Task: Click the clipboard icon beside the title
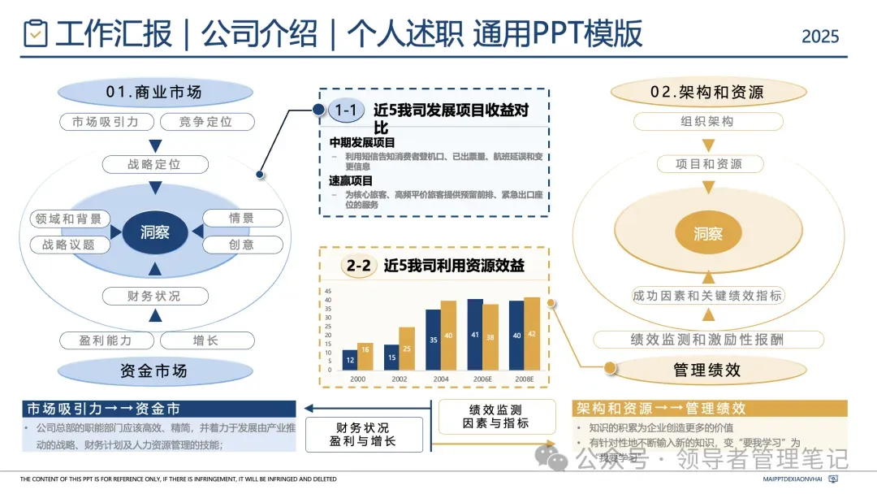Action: tap(35, 33)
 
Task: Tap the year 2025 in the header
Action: tap(820, 36)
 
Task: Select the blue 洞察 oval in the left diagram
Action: tap(155, 232)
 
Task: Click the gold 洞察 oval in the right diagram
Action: tap(707, 234)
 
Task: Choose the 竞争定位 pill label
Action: tap(205, 122)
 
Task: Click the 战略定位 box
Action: tap(154, 164)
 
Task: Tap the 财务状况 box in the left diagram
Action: tap(154, 296)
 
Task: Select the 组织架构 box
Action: tap(707, 122)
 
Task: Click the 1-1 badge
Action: tap(346, 110)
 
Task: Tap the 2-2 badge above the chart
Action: tap(358, 266)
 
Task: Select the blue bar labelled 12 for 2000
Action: tap(349, 360)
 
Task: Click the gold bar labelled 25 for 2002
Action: tap(406, 349)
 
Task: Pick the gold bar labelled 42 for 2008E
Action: tap(532, 334)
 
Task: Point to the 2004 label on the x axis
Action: tap(440, 379)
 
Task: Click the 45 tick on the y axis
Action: tap(328, 292)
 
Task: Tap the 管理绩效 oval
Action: tap(707, 370)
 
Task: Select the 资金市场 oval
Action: tap(153, 371)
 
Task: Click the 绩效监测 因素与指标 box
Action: tap(495, 416)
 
